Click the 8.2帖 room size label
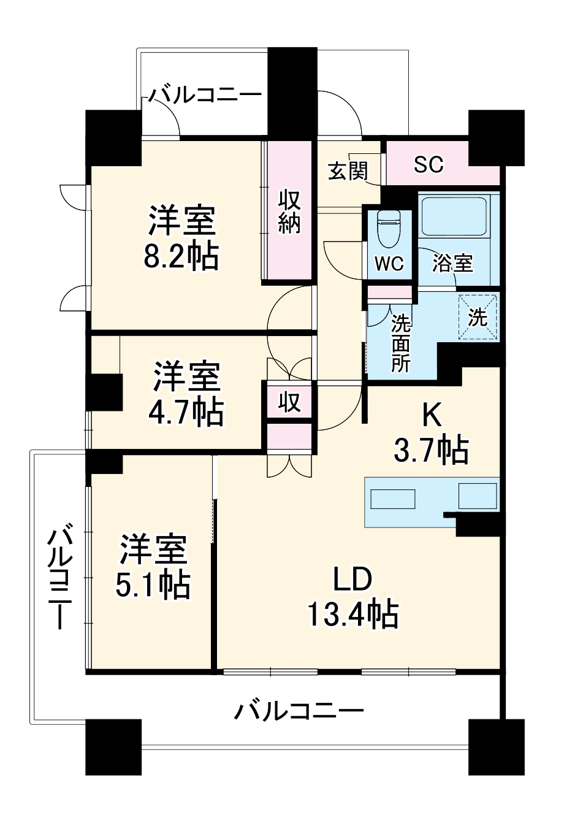click(181, 256)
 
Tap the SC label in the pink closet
click(429, 164)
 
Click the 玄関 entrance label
click(348, 171)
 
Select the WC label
click(389, 263)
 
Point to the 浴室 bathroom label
click(453, 262)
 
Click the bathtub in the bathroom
click(454, 216)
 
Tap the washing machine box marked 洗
click(478, 318)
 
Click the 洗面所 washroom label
click(400, 343)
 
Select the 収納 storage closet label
click(289, 212)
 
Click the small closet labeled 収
click(289, 401)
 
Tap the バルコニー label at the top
click(205, 95)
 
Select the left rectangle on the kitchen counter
click(393, 499)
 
